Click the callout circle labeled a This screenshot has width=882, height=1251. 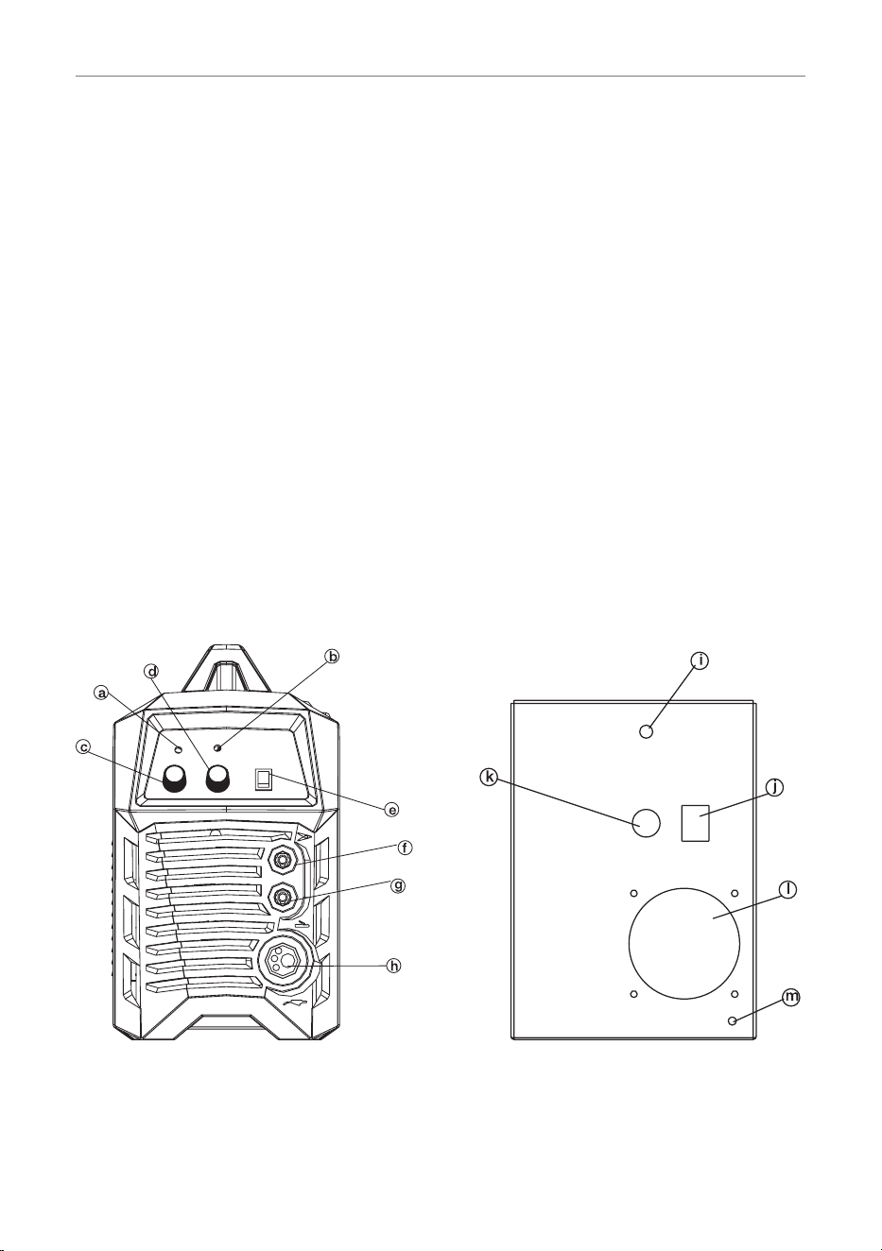(x=101, y=694)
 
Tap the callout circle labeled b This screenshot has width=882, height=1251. (x=333, y=657)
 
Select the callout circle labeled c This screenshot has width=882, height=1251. (x=83, y=747)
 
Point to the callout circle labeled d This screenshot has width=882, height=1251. (x=151, y=670)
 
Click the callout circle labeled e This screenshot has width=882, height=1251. (x=392, y=809)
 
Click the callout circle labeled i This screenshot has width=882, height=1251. (x=700, y=660)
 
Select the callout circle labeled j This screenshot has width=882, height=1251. (x=774, y=788)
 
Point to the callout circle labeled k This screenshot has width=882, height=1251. (x=489, y=778)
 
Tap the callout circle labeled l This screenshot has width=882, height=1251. (x=788, y=890)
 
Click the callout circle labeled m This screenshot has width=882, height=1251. (x=791, y=996)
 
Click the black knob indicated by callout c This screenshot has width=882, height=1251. (x=174, y=778)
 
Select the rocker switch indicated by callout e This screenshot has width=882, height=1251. (x=263, y=780)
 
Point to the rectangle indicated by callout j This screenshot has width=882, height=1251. (x=696, y=823)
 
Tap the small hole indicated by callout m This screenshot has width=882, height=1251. (x=733, y=1020)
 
